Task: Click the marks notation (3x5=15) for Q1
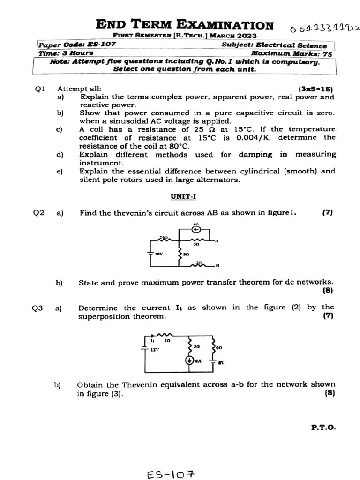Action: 315,89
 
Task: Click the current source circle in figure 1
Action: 196,230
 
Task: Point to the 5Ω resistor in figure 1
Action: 181,255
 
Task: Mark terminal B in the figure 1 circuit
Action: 217,266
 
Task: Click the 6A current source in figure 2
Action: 190,360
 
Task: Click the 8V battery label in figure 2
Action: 221,362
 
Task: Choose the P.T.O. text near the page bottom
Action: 323,427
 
